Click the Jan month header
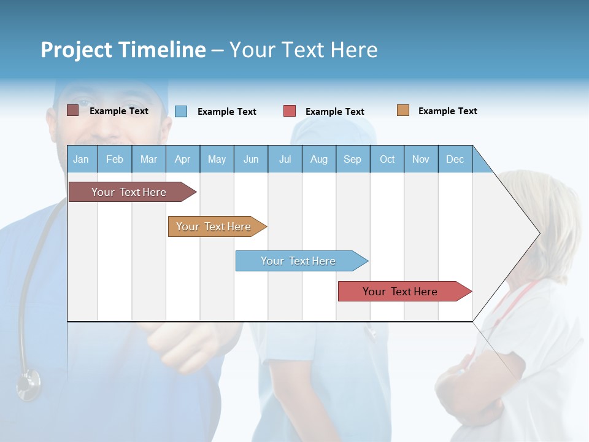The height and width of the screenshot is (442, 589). pos(82,159)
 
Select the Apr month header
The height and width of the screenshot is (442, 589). pos(183,159)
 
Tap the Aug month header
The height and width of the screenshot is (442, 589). pos(319,159)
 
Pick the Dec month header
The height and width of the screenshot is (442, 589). pos(455,159)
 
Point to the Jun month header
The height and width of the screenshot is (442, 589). pos(251,159)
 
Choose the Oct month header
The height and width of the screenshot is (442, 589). pos(387,159)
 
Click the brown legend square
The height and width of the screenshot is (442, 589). pos(72,110)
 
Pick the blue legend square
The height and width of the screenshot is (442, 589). pos(181,111)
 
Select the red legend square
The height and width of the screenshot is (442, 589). pos(290,111)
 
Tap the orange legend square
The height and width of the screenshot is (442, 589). pos(402,110)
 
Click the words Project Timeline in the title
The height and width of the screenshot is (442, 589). pos(123,50)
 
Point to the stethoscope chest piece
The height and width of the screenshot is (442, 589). pos(28,385)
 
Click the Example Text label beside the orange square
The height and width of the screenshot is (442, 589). pos(447,111)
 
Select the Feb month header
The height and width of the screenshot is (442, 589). pos(115,159)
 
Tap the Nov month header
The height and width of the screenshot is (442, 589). pos(421,159)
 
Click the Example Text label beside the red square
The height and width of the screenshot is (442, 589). pos(334,112)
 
